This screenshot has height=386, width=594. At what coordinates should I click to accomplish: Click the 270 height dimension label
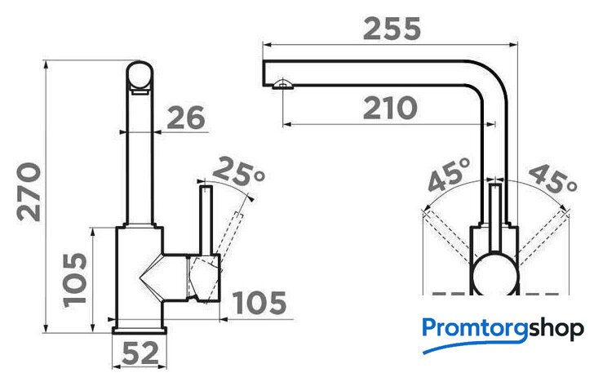click(x=29, y=192)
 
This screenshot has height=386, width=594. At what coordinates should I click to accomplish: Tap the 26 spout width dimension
click(x=186, y=118)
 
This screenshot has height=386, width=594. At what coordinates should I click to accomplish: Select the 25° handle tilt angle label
click(x=237, y=171)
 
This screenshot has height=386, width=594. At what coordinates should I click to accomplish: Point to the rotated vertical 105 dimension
click(x=74, y=280)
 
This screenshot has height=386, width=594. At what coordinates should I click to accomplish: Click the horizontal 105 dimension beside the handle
click(x=259, y=303)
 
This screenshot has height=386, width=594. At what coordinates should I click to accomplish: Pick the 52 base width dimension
click(x=140, y=353)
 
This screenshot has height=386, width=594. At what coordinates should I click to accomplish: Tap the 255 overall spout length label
click(x=392, y=29)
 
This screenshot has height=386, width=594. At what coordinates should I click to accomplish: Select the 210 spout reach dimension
click(x=390, y=108)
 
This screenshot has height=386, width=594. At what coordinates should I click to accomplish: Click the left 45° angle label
click(x=450, y=175)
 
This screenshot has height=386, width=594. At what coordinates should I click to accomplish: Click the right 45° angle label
click(x=552, y=178)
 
